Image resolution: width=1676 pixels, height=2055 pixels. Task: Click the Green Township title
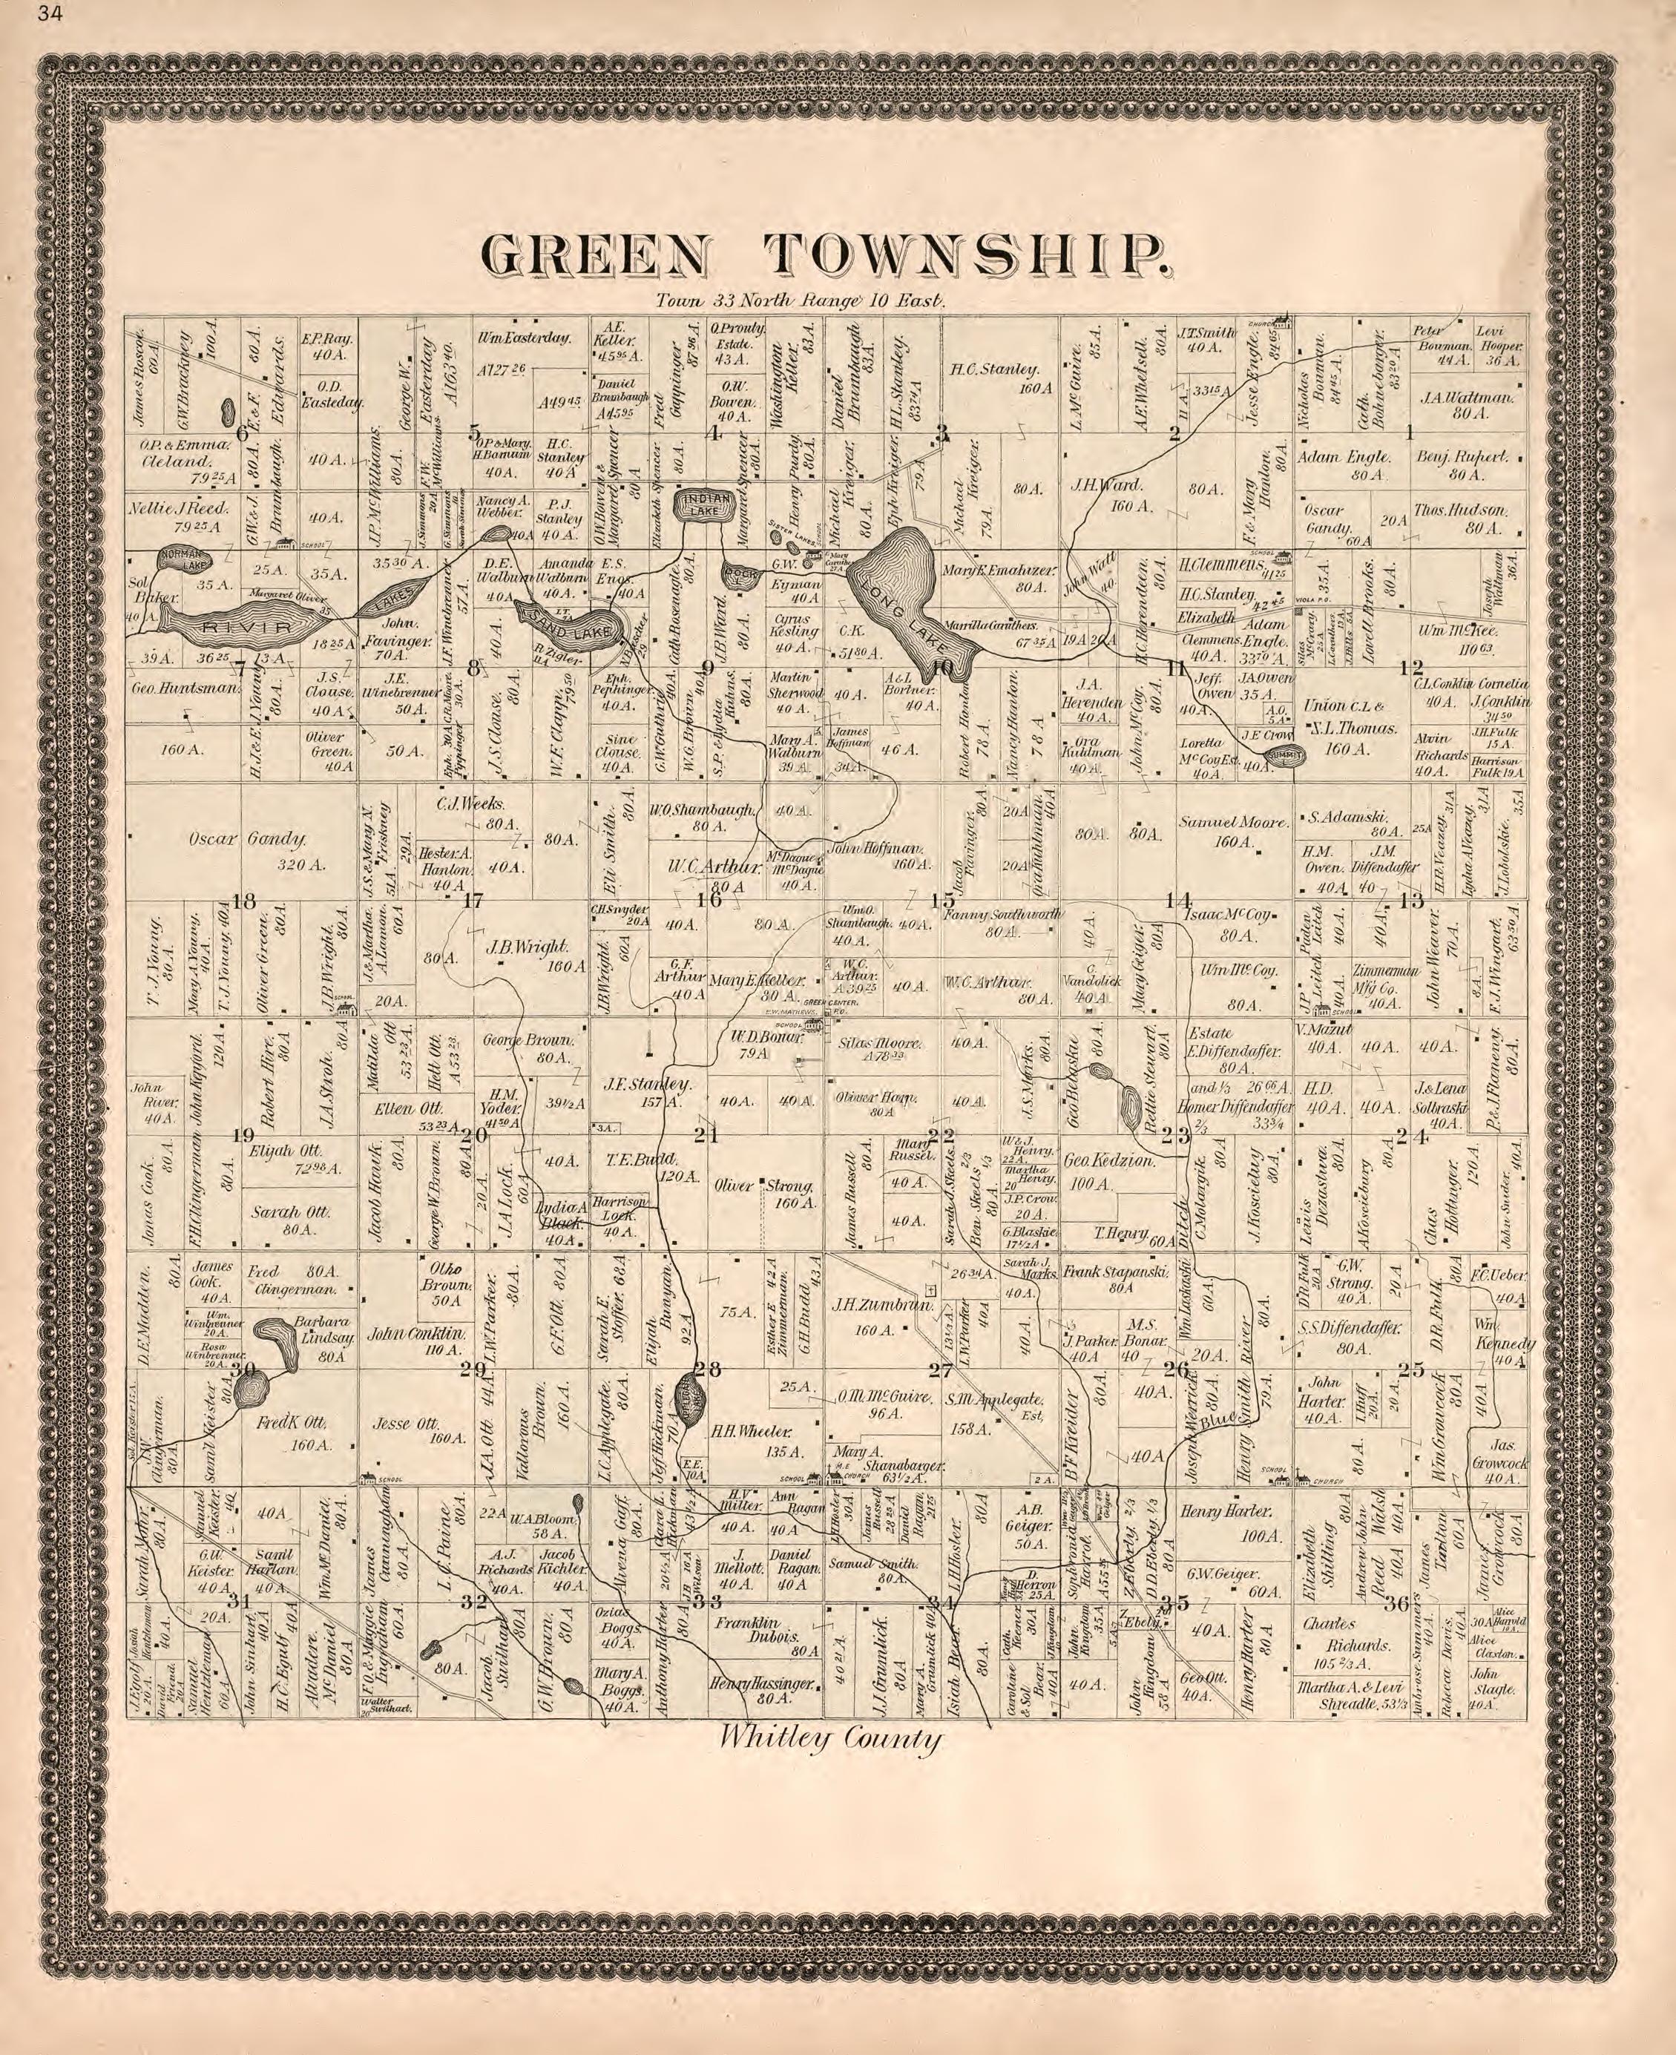[826, 254]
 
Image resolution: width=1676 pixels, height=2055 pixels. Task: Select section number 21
[708, 1136]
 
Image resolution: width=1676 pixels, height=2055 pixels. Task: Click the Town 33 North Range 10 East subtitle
[801, 300]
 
